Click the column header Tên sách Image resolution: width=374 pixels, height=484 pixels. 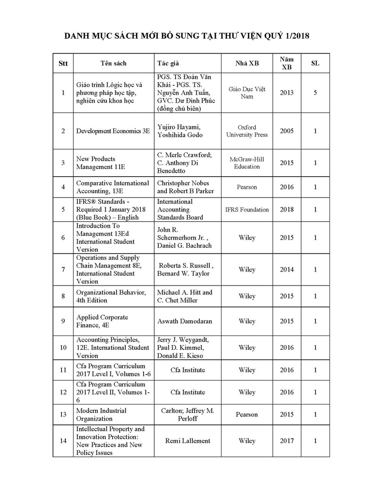coord(113,63)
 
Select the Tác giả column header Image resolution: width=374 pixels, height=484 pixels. coord(168,63)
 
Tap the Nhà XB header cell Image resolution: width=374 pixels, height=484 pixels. coord(247,63)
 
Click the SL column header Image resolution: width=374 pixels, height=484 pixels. coord(315,63)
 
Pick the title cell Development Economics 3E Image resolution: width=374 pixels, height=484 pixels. coord(113,131)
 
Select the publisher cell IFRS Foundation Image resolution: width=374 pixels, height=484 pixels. coord(247,210)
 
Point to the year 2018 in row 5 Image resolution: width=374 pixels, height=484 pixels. coord(286,210)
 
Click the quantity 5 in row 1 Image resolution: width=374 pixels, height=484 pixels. coord(315,92)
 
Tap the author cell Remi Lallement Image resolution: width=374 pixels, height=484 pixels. coord(187,441)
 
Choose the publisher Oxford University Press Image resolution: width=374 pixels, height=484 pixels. coord(247,131)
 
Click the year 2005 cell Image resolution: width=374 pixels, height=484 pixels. coord(286,131)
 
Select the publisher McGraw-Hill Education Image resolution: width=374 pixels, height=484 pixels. coord(247,163)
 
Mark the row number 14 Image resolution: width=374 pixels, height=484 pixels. coord(63,441)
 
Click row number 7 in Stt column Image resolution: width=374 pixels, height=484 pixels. coord(63,270)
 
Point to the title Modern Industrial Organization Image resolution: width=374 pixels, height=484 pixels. coord(102,415)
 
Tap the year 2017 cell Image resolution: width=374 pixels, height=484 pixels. coord(286,441)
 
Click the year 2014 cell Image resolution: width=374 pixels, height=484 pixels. coord(286,270)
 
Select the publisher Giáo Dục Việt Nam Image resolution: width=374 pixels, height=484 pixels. coord(247,92)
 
